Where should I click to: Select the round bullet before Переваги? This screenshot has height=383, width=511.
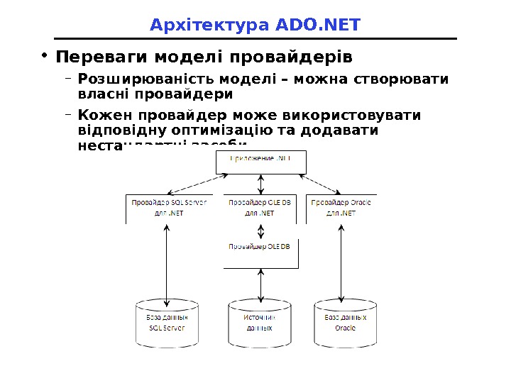[44, 55]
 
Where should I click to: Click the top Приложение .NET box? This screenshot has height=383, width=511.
[261, 162]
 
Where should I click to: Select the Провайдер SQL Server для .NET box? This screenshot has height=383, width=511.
[167, 208]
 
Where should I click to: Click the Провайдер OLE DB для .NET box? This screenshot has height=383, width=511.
[261, 208]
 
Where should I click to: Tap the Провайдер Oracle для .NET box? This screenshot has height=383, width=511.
[341, 208]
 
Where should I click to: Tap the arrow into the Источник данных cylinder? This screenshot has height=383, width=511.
[262, 284]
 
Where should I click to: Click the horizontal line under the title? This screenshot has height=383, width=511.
[255, 39]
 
